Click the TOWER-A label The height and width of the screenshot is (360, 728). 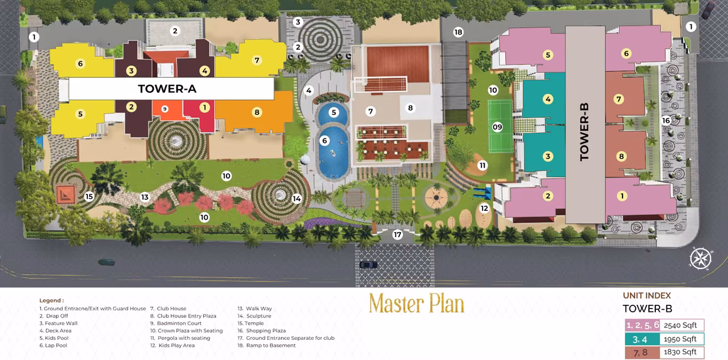coord(167,88)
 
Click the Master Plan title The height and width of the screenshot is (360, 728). coord(417,304)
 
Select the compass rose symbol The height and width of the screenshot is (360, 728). coord(699,259)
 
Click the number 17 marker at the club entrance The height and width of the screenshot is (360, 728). coord(397,235)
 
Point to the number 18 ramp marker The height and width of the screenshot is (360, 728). coord(458,32)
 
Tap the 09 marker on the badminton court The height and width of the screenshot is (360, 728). coord(497,127)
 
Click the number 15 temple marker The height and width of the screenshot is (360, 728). coord(89,196)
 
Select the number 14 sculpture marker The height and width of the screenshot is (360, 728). coord(297,199)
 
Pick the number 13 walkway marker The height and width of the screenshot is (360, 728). coord(145,197)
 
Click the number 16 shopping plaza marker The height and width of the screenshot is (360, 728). coord(666,120)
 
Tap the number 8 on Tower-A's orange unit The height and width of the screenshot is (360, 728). coord(256,112)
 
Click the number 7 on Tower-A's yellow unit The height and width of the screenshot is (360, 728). coord(256,60)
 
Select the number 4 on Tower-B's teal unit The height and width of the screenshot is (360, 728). coord(548,99)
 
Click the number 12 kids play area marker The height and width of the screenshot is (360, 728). coord(484,208)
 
